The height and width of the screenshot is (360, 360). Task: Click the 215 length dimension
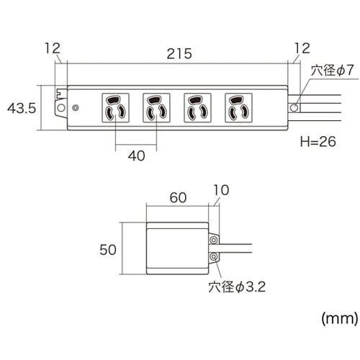(x=178, y=53)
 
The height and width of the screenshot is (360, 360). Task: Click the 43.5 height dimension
(x=21, y=109)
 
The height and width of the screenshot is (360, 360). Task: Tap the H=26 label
(x=316, y=142)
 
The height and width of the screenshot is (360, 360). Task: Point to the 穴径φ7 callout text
(x=331, y=71)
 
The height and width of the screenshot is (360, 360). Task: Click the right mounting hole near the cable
(x=293, y=108)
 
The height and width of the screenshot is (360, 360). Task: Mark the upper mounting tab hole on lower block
(x=213, y=238)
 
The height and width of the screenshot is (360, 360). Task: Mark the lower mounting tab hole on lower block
(x=213, y=256)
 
